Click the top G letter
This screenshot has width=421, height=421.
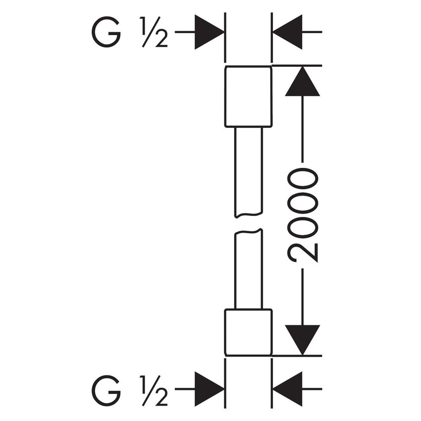click(105, 33)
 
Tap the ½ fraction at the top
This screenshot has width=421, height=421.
click(154, 33)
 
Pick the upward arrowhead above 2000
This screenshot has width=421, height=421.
click(302, 82)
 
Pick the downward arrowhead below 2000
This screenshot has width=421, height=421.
click(302, 339)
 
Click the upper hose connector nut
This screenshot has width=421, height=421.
click(248, 96)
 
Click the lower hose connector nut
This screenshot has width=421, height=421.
click(248, 332)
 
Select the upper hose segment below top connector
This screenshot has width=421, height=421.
click(248, 171)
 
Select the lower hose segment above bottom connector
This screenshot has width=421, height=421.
click(248, 270)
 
